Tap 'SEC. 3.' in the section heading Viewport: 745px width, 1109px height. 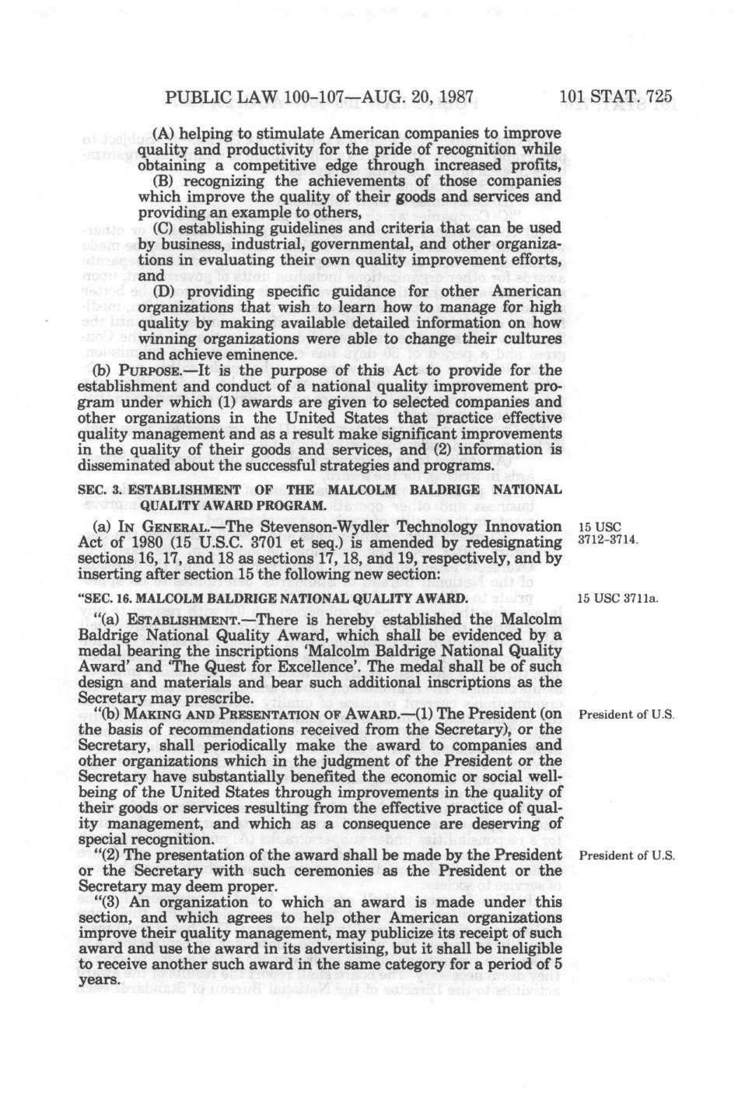98,489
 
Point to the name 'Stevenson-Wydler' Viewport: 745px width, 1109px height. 322,527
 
